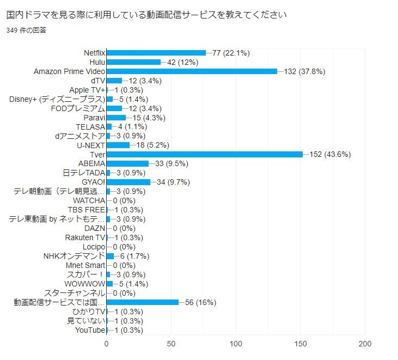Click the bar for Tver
point(204,154)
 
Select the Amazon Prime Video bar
point(192,71)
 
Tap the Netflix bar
point(156,53)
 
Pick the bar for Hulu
point(133,62)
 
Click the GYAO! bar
point(128,182)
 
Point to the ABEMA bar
point(127,163)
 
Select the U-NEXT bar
point(118,145)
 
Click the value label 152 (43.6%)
point(330,154)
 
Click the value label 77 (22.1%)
point(231,53)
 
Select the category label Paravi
point(94,118)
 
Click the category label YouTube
point(90,330)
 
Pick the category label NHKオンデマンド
point(74,256)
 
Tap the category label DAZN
point(95,228)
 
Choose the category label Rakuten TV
point(85,237)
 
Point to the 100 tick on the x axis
point(236,344)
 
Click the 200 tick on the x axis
point(365,344)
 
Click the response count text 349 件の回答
point(26,30)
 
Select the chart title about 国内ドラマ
point(146,14)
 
